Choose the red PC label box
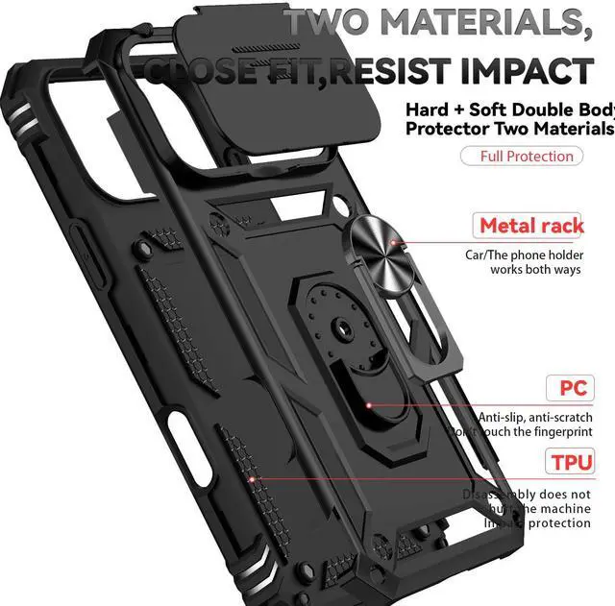coord(573,389)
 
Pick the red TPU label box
coord(573,462)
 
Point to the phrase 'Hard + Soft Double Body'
coord(509,110)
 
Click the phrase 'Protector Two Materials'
coord(509,129)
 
